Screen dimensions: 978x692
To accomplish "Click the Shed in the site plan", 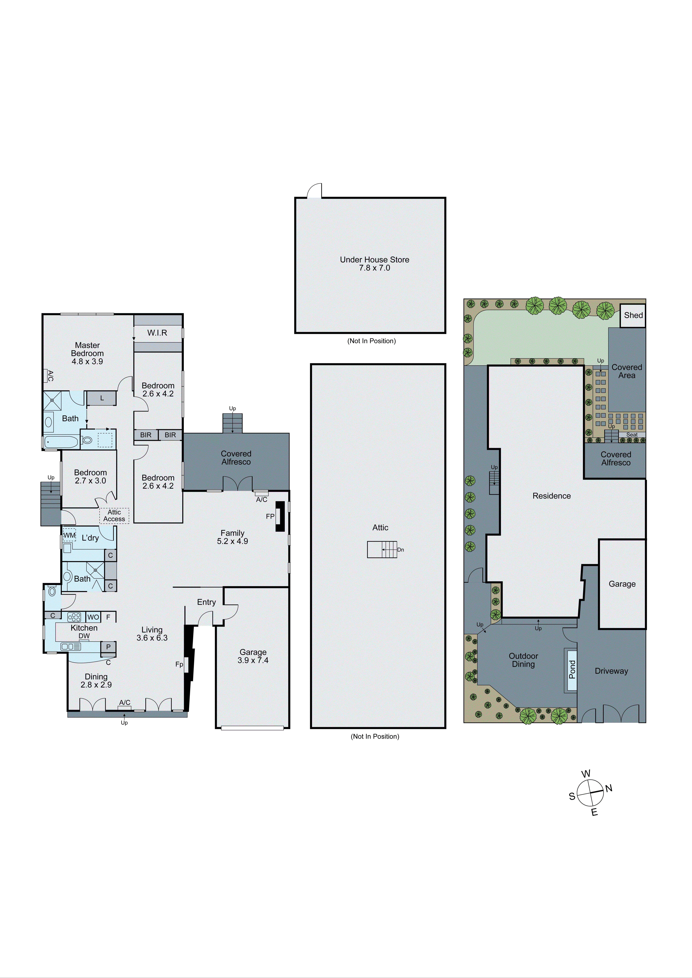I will click(x=633, y=315).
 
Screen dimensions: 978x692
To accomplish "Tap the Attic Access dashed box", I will click(x=114, y=515).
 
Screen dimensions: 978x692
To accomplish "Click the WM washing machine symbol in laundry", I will click(x=69, y=535).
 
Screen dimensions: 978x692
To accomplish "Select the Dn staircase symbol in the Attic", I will click(x=382, y=550).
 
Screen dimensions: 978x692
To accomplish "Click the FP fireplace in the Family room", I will click(x=280, y=516).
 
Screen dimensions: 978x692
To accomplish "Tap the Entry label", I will click(x=206, y=602).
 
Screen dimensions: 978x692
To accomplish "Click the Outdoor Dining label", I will click(x=523, y=660).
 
